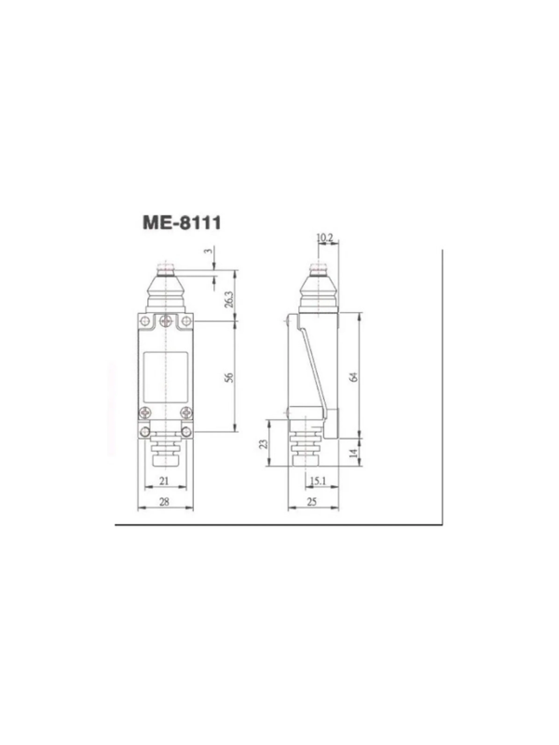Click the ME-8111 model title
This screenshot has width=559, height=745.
click(182, 223)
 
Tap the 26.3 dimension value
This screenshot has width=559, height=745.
click(229, 299)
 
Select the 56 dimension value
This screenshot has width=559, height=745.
click(229, 378)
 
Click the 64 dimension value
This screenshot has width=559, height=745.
click(353, 377)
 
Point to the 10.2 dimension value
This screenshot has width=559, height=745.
click(324, 237)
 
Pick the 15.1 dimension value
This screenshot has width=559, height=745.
click(318, 481)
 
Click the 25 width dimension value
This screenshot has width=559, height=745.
click(312, 502)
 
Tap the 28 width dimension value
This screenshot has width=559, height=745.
click(164, 502)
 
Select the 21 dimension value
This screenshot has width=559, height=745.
click(164, 481)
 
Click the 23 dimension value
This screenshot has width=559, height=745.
click(264, 444)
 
